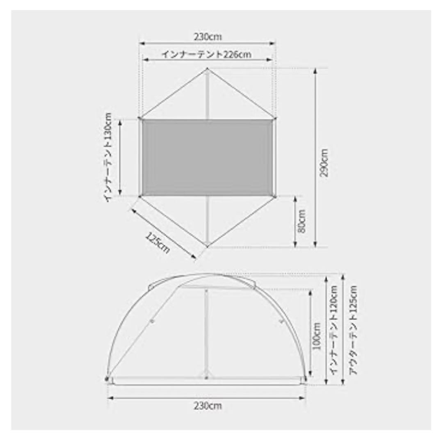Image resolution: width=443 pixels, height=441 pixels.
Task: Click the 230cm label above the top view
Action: click(208, 37)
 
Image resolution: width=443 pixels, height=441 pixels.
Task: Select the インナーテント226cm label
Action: click(206, 54)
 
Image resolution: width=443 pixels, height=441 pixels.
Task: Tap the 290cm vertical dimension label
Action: click(324, 163)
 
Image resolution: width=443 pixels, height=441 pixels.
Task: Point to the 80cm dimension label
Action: click(302, 221)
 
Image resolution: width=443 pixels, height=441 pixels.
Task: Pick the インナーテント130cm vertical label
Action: click(108, 158)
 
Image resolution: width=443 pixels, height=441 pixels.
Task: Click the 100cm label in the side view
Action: click(317, 336)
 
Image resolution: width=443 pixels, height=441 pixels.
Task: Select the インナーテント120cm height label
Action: click(334, 330)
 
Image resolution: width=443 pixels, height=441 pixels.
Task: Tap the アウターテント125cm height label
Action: click(354, 330)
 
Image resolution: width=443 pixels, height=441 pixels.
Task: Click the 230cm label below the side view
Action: click(208, 406)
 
